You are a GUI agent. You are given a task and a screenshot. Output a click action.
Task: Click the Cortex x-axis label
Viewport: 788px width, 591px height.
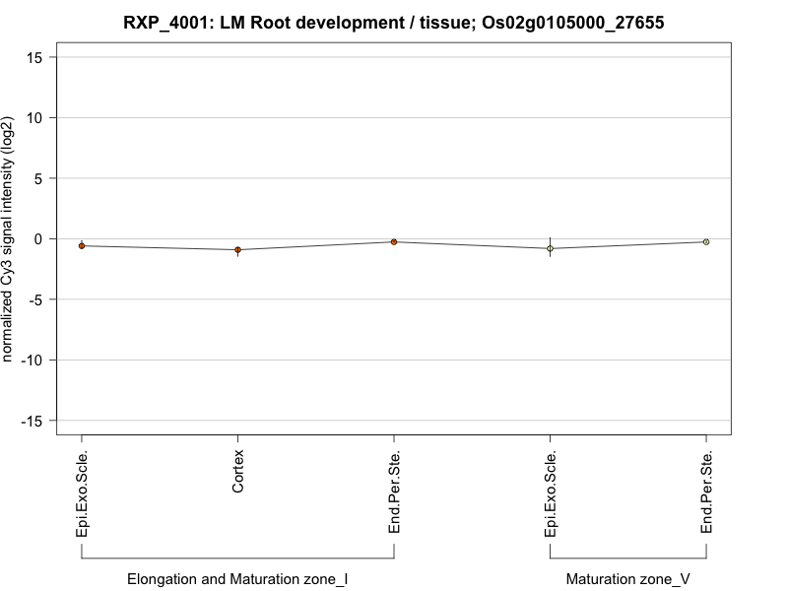(x=238, y=472)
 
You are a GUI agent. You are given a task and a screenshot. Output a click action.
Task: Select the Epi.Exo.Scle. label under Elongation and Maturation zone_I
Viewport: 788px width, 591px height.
(x=82, y=493)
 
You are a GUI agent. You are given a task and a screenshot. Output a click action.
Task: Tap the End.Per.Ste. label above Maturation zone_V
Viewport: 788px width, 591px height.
(x=706, y=493)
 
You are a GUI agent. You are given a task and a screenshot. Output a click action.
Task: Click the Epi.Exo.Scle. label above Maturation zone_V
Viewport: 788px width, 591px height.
(x=551, y=493)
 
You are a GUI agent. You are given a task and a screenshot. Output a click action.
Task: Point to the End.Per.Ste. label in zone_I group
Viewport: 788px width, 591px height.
(x=394, y=493)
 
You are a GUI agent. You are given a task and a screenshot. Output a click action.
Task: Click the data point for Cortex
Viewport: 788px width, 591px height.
(x=237, y=250)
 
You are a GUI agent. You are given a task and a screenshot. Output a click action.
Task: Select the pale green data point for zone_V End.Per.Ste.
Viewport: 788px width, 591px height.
(x=706, y=241)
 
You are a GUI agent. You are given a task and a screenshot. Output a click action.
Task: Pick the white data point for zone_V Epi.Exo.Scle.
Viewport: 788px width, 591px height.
(x=550, y=249)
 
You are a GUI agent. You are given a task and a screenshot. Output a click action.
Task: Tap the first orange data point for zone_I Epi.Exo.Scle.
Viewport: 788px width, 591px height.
(x=82, y=246)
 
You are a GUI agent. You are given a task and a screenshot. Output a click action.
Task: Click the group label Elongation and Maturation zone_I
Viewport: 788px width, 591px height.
(x=237, y=579)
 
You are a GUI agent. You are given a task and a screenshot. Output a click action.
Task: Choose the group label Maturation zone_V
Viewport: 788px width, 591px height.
(x=627, y=579)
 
